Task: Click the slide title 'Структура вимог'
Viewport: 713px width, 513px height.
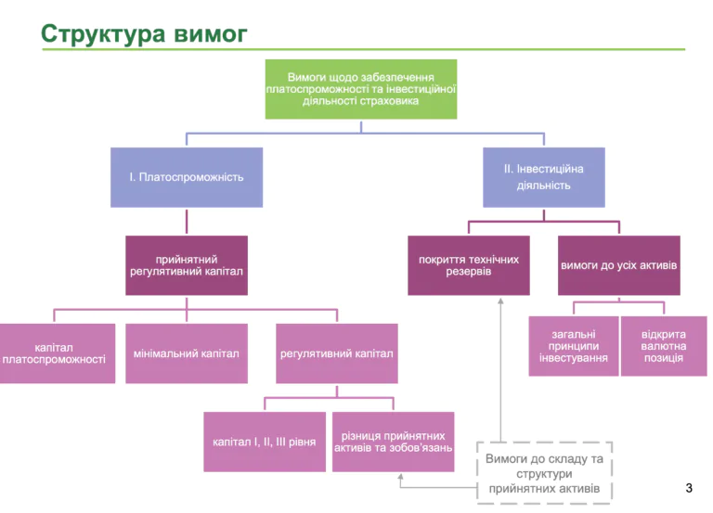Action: point(144,34)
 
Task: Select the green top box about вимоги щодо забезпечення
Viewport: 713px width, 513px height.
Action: point(360,89)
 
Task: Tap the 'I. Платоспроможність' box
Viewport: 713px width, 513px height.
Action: point(186,176)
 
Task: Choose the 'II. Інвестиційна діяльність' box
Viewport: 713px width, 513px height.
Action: point(543,176)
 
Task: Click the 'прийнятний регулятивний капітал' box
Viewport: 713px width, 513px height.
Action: point(186,265)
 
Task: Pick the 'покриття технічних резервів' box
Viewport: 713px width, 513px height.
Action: point(469,265)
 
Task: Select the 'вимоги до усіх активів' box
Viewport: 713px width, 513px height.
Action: point(618,265)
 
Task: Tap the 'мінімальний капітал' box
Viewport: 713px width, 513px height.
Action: point(186,353)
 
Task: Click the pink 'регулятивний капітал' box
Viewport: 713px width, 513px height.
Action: point(336,353)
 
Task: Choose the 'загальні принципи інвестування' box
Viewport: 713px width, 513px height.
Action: point(573,346)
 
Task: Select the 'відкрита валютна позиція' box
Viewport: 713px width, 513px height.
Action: point(663,346)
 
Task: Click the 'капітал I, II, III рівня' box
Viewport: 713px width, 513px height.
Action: point(265,442)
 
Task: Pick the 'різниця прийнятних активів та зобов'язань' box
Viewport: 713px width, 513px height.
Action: point(393,442)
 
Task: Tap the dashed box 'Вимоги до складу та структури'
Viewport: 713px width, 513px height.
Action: point(544,473)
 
